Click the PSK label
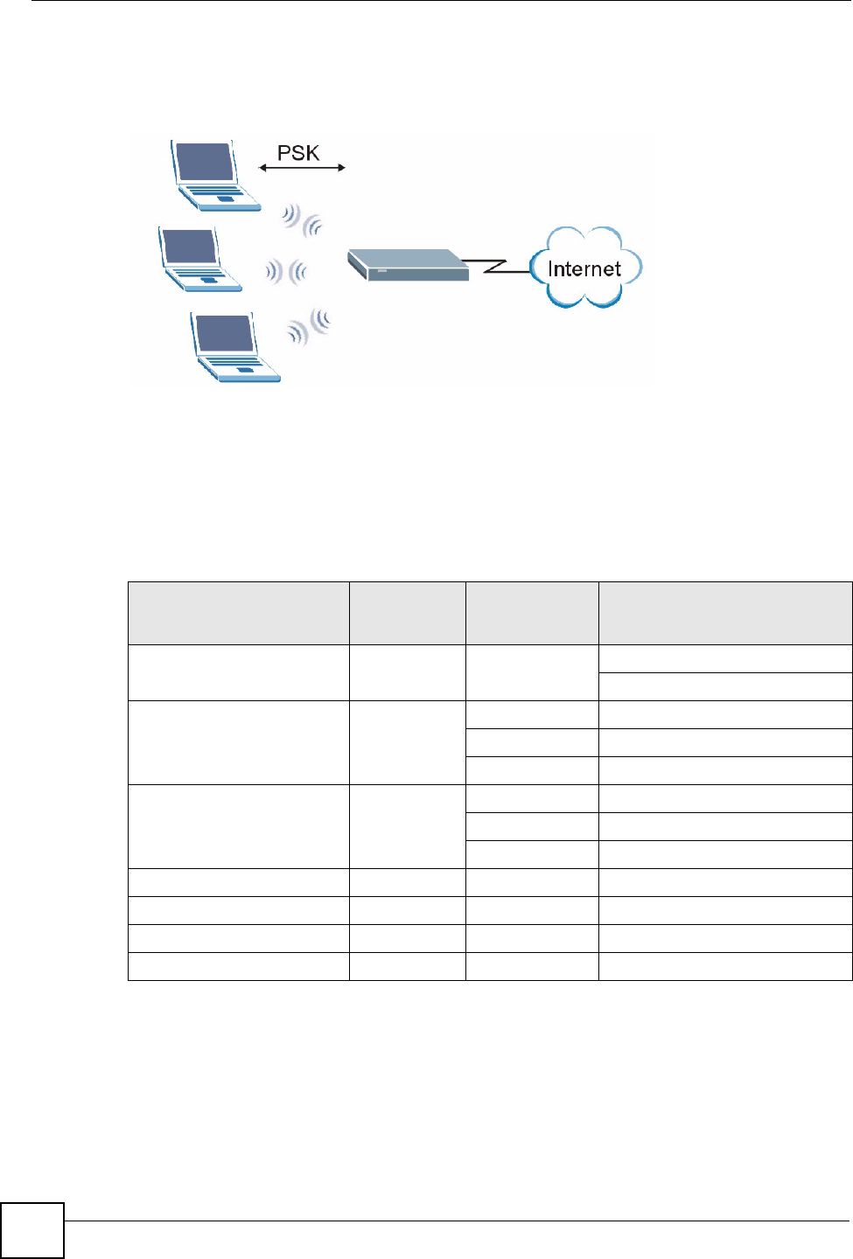point(298,153)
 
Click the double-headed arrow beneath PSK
point(303,168)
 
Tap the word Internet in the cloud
point(584,268)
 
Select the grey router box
point(408,264)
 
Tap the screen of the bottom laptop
point(225,333)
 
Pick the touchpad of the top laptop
point(227,199)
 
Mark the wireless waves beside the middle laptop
point(286,272)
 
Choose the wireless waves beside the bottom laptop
point(309,327)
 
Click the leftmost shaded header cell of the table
point(238,613)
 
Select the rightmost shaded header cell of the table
point(724,613)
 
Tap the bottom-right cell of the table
point(724,966)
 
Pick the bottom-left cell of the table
point(238,966)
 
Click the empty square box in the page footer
point(32,1230)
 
